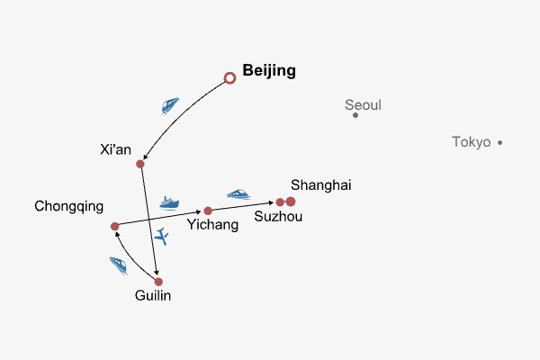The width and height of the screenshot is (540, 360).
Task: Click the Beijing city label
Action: (x=269, y=71)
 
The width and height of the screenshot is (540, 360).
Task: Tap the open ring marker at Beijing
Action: (x=229, y=79)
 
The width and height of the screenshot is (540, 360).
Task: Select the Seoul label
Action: (x=363, y=105)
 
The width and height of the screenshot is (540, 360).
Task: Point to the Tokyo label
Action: (x=472, y=142)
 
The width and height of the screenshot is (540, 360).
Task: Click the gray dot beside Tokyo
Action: (x=499, y=142)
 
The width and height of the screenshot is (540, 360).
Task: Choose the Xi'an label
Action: (x=117, y=149)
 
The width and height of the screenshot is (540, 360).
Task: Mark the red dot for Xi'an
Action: (x=140, y=164)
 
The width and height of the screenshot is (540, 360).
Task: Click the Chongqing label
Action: (x=68, y=206)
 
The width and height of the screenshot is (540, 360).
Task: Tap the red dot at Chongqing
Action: (x=114, y=227)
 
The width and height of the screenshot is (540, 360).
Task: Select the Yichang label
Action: (x=212, y=225)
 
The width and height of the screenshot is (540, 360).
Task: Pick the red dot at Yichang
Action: (x=208, y=211)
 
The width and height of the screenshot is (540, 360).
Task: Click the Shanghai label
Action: (x=320, y=185)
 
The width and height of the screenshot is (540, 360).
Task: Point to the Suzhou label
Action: (x=278, y=217)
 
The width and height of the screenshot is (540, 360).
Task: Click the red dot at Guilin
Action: (x=158, y=282)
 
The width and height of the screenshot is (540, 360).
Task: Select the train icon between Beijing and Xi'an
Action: (x=170, y=105)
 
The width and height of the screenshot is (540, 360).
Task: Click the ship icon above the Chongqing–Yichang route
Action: (x=169, y=202)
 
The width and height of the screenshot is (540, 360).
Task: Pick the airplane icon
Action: (x=162, y=237)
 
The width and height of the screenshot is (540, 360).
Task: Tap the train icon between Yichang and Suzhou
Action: (x=238, y=193)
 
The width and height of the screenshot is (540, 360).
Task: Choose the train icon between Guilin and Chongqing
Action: (x=119, y=265)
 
